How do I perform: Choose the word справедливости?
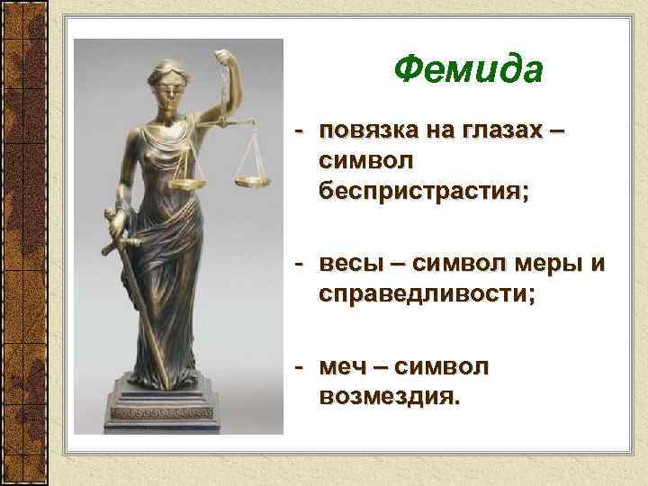426,296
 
